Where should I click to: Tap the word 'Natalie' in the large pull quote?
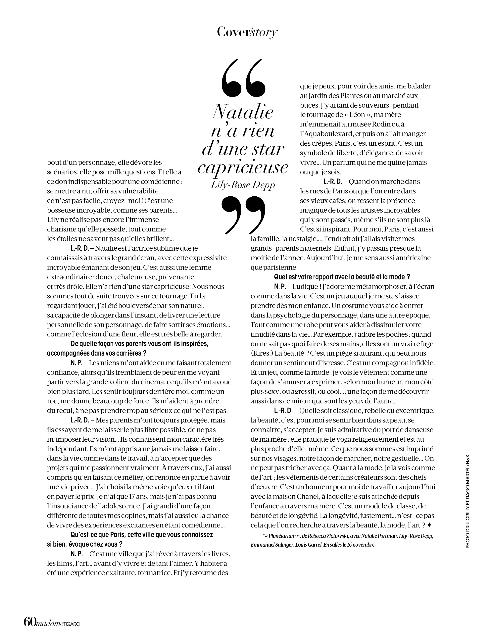click(242, 112)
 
